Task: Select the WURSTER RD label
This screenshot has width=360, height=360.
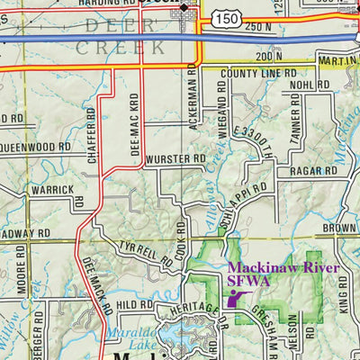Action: pyautogui.click(x=175, y=157)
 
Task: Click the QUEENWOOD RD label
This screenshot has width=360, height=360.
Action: pyautogui.click(x=36, y=145)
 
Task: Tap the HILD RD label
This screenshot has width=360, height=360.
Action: pyautogui.click(x=136, y=305)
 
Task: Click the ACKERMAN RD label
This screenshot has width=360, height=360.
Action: pyautogui.click(x=193, y=99)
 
